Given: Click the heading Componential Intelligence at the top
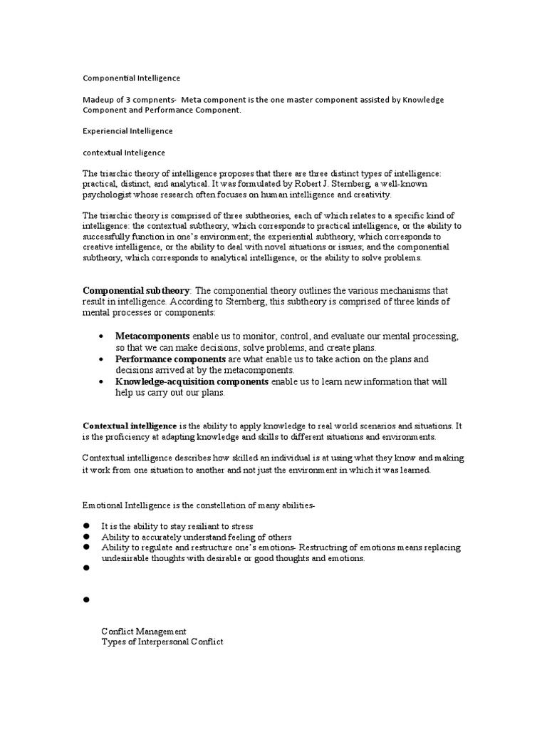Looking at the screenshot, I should [x=131, y=77].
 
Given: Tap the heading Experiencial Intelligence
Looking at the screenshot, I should [x=127, y=131].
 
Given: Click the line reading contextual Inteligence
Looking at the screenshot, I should [x=124, y=153].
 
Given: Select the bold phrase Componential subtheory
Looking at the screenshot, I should [x=136, y=291].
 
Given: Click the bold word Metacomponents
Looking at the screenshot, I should [x=152, y=336].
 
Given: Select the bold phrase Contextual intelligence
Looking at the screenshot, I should [x=130, y=426].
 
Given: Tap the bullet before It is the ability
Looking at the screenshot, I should [x=86, y=526].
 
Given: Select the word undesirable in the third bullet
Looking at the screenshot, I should [x=128, y=559].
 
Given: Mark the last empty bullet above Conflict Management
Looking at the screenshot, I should [x=86, y=600].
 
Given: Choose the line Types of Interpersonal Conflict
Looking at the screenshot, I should [x=162, y=642].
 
